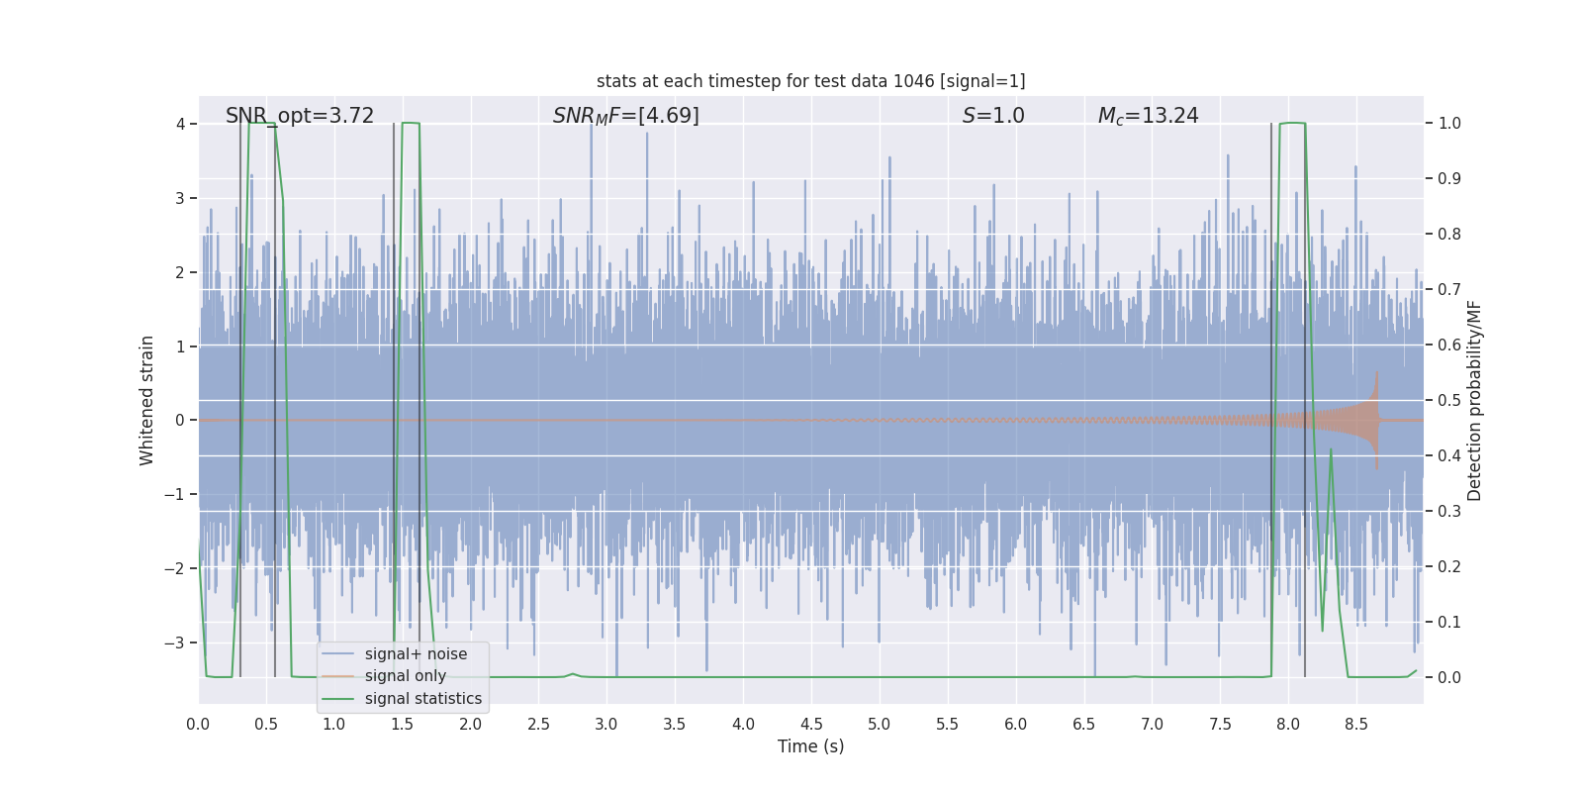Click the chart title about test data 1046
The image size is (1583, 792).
pyautogui.click(x=810, y=81)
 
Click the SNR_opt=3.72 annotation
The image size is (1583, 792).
pyautogui.click(x=300, y=116)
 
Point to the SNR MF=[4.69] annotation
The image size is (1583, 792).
pyautogui.click(x=625, y=116)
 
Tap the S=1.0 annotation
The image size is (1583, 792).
pyautogui.click(x=993, y=116)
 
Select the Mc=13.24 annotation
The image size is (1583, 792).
pyautogui.click(x=1148, y=116)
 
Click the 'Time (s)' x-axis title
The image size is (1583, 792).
pyautogui.click(x=810, y=746)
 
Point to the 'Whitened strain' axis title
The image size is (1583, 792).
pyautogui.click(x=147, y=400)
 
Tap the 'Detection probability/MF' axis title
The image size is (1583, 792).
pyautogui.click(x=1474, y=400)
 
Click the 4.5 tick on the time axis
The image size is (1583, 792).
pyautogui.click(x=811, y=724)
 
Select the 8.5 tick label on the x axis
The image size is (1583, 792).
pyautogui.click(x=1356, y=724)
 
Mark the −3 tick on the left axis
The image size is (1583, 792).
pyautogui.click(x=174, y=643)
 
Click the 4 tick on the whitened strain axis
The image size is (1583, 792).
pyautogui.click(x=180, y=124)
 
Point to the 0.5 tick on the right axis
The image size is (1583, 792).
pyautogui.click(x=1449, y=400)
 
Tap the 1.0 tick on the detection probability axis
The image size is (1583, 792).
pyautogui.click(x=1449, y=124)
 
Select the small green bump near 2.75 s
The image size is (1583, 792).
pyautogui.click(x=572, y=674)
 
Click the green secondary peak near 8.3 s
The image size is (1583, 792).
pyautogui.click(x=1331, y=450)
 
